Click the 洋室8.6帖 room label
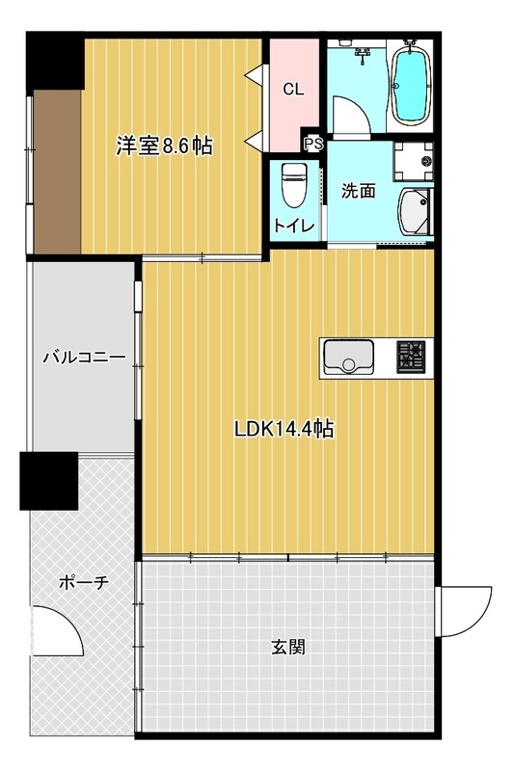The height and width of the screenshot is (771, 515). point(164,146)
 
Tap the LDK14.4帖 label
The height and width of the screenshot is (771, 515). point(284,429)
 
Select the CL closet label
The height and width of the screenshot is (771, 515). point(293,89)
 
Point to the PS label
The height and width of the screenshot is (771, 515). point(313,144)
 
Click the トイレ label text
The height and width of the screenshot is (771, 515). point(293,226)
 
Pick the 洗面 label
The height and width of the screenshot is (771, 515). point(359,190)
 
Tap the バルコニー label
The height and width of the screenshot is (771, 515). point(84,358)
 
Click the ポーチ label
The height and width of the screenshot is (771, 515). point(84,583)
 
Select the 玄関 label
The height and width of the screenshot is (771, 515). point(288,647)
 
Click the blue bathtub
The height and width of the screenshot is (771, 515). point(410,87)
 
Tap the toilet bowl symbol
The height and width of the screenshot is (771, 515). point(294,186)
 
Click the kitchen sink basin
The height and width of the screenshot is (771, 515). point(348,357)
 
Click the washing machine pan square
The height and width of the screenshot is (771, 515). point(413,161)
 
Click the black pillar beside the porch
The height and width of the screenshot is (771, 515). point(48,481)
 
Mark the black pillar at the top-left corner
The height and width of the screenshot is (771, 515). point(55,61)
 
